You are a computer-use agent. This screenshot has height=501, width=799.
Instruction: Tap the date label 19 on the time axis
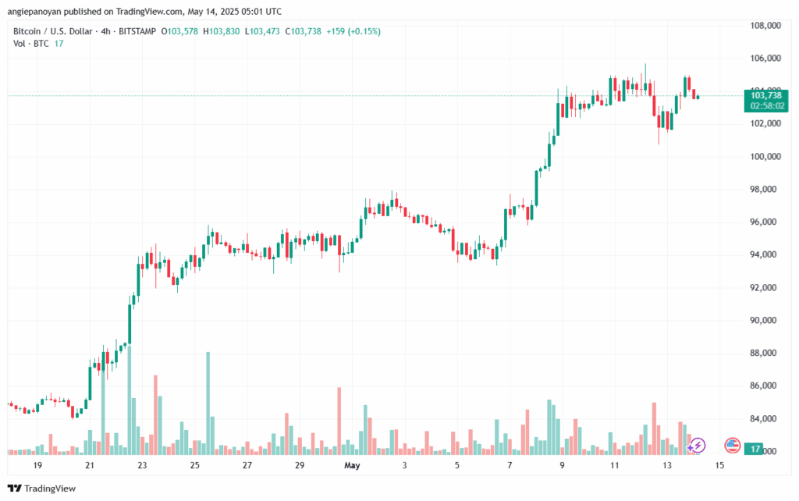[x=37, y=465]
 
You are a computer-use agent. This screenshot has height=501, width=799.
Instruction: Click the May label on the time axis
[x=352, y=465]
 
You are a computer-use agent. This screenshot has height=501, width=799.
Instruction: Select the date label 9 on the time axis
[x=562, y=465]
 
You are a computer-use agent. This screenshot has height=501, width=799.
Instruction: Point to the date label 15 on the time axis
[x=719, y=465]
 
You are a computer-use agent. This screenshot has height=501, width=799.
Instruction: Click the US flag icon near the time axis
[x=732, y=445]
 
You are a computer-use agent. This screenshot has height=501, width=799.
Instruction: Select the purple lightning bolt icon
[x=698, y=445]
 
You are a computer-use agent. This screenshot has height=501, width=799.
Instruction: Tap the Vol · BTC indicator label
[x=32, y=44]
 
